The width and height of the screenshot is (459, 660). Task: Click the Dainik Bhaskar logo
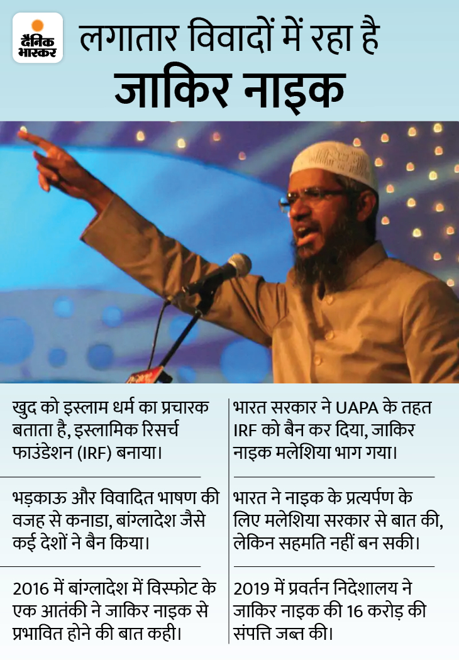point(38,38)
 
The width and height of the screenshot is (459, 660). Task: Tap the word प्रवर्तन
point(305,590)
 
